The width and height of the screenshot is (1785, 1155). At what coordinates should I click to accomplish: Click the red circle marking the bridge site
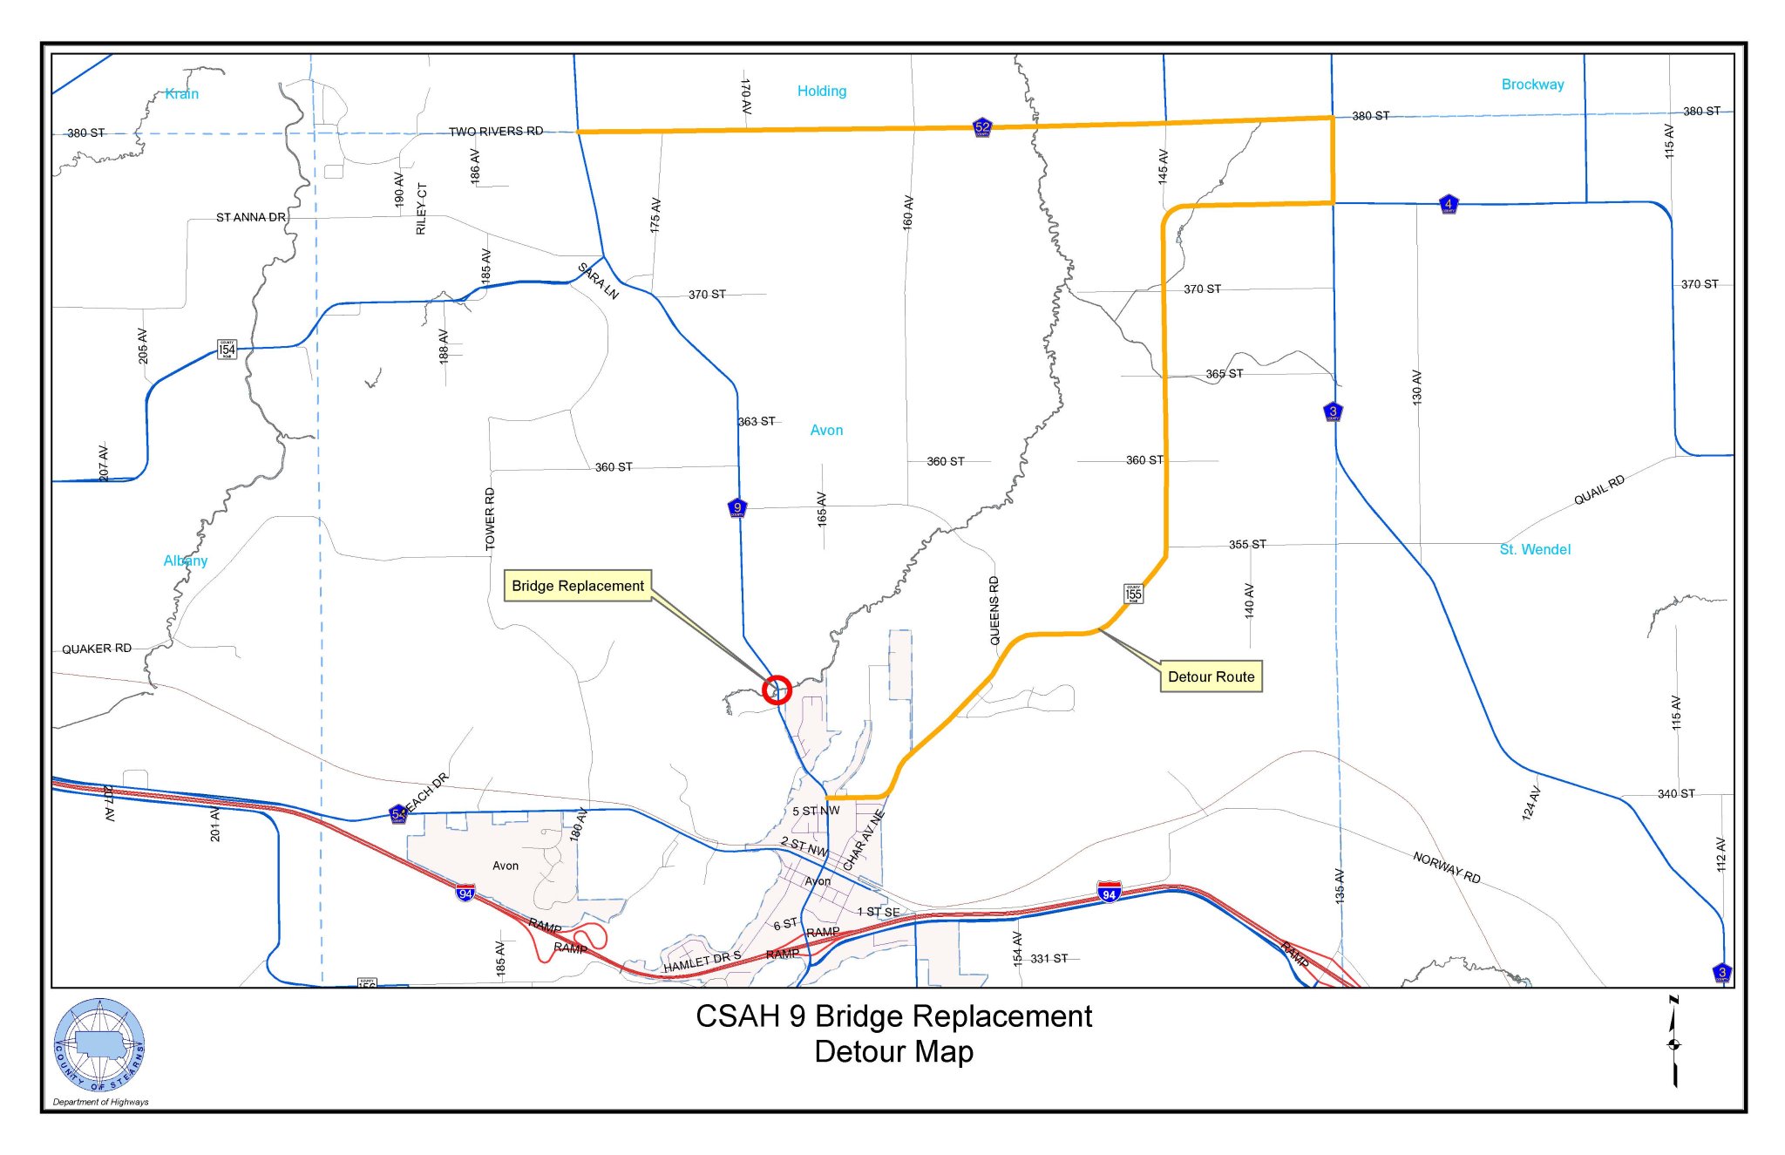(x=777, y=690)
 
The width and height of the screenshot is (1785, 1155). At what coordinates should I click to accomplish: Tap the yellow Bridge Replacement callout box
(x=578, y=586)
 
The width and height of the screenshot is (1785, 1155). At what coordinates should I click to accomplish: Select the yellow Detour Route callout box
(x=1211, y=677)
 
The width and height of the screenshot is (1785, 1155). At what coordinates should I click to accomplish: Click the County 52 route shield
(x=982, y=127)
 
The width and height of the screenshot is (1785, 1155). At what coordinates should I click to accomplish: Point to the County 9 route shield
(x=737, y=507)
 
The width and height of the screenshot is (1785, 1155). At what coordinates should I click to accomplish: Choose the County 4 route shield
(x=1448, y=204)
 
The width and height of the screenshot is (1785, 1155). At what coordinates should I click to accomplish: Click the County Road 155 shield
(x=1133, y=594)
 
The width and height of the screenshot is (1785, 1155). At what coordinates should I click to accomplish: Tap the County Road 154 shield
(x=227, y=350)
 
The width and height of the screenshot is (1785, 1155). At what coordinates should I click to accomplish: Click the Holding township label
(x=821, y=91)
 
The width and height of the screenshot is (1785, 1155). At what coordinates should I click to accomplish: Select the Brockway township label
(x=1532, y=85)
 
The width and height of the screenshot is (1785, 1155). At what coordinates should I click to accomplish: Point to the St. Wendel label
(x=1535, y=549)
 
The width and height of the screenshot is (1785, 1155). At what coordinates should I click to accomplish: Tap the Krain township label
(x=182, y=94)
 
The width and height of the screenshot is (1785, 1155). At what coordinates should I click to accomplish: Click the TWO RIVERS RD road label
(x=496, y=132)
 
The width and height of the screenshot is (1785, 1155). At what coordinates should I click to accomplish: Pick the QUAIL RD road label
(x=1598, y=490)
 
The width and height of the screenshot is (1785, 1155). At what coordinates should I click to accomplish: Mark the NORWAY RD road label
(x=1447, y=867)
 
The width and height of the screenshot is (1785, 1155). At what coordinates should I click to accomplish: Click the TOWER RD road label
(x=490, y=520)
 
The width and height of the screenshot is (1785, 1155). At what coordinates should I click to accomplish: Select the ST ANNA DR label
(x=251, y=217)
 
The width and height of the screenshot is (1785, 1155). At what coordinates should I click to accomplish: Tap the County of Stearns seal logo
(x=99, y=1045)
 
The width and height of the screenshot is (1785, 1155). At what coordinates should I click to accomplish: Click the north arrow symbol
(x=1673, y=1042)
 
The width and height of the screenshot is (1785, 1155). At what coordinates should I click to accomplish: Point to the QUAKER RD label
(x=97, y=649)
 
